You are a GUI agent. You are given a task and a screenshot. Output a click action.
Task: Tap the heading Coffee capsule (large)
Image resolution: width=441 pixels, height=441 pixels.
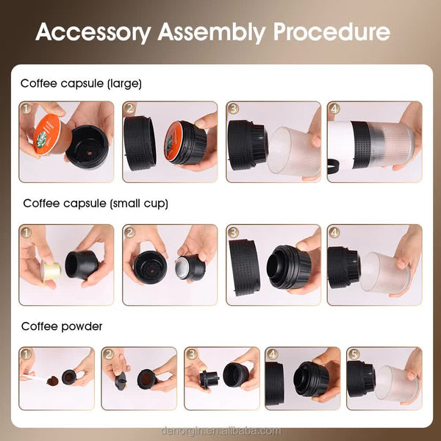point(81,84)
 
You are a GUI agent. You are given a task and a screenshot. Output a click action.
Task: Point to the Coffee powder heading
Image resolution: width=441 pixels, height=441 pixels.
point(62,326)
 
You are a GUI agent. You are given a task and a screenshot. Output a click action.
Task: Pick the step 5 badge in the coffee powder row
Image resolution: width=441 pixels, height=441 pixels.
point(354,355)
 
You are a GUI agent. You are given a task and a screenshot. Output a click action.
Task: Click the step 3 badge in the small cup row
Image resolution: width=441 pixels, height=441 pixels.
point(234,233)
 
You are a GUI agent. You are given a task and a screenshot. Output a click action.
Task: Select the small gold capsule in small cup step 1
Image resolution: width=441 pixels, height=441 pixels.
point(49,273)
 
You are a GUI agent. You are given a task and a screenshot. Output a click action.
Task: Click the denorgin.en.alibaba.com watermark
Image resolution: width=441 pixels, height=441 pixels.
point(220,431)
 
